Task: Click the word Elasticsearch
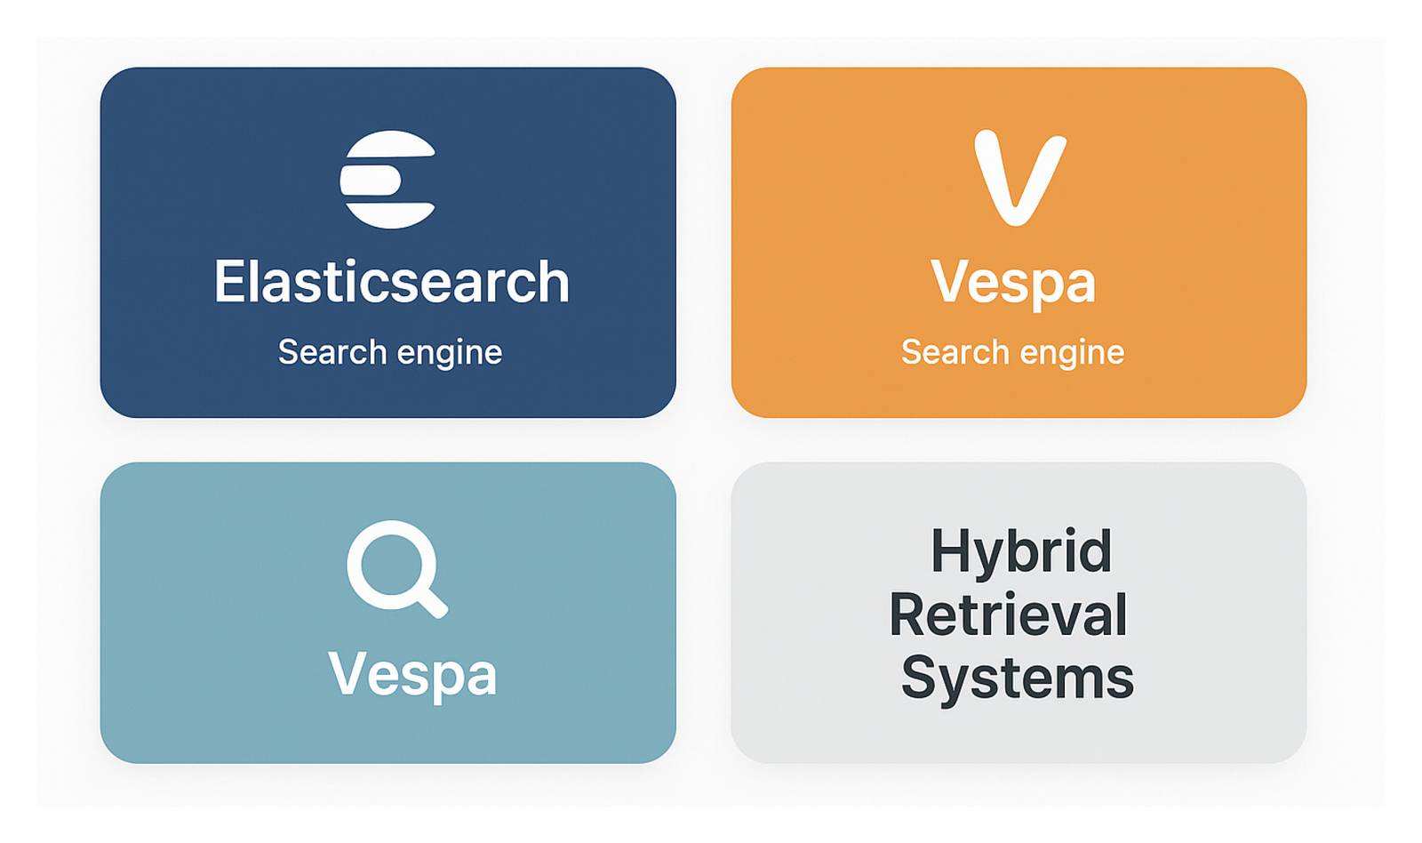click(392, 282)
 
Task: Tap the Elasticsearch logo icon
click(387, 179)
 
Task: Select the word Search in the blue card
click(332, 351)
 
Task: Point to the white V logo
click(1020, 177)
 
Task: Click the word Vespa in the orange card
click(1013, 284)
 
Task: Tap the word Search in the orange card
click(955, 351)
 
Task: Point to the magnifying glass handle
click(432, 602)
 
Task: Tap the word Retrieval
click(1008, 614)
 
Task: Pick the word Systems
click(1018, 678)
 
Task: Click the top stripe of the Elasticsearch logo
click(391, 144)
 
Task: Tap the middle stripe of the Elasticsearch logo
click(371, 181)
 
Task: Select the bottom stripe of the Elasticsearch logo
click(390, 215)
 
